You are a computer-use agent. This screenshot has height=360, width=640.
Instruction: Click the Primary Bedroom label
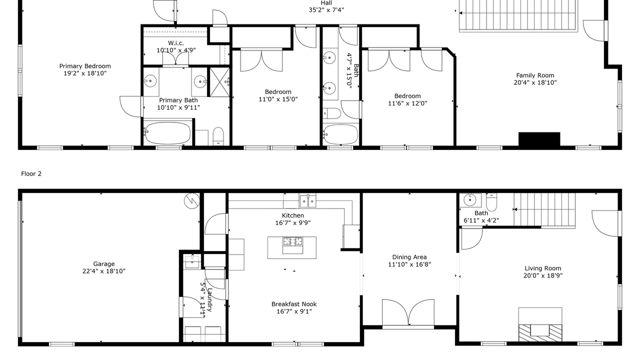85,66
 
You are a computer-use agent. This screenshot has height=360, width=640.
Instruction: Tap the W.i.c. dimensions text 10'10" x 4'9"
176,50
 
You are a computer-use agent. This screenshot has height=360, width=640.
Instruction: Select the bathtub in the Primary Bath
167,133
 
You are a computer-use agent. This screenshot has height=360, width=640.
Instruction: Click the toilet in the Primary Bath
218,136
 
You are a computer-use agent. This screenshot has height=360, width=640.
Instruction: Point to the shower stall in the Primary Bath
219,82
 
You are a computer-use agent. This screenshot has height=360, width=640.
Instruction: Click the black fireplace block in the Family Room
539,139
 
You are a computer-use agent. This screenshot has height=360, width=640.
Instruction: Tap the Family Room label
535,75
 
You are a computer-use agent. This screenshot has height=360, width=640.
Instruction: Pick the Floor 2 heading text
31,173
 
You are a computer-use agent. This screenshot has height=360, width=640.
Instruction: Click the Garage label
104,264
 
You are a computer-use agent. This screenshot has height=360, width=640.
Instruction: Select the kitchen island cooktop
292,241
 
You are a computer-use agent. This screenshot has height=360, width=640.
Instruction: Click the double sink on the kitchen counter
307,200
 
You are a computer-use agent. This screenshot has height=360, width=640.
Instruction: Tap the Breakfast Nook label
294,304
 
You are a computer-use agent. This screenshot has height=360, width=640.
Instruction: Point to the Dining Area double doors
408,313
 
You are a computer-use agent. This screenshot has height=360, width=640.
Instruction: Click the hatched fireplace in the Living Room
540,333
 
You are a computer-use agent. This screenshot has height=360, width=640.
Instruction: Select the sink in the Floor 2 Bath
470,200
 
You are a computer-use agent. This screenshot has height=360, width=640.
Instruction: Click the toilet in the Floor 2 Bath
491,201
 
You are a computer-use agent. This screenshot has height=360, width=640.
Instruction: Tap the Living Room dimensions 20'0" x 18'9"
543,275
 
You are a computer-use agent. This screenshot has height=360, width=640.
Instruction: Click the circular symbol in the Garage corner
192,201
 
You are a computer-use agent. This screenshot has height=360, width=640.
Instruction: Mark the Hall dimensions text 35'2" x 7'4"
326,10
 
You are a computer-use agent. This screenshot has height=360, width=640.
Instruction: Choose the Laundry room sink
192,261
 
